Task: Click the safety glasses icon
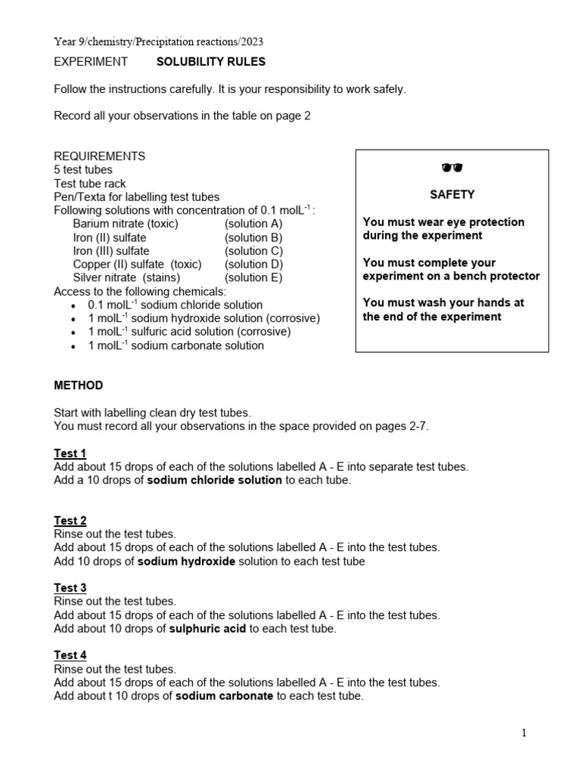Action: [x=452, y=168]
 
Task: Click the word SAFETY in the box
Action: [x=452, y=194]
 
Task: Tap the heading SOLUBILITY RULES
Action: [x=211, y=62]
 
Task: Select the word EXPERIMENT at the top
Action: [x=91, y=62]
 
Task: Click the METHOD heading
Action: [x=78, y=385]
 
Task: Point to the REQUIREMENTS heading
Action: [x=99, y=156]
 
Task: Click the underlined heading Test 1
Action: [x=70, y=454]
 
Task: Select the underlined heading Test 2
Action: [x=70, y=521]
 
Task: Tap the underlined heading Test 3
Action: [x=70, y=588]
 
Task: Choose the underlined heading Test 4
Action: [x=70, y=655]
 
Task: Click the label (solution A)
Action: [x=253, y=224]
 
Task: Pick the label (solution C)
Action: [x=253, y=251]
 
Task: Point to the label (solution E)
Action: [x=253, y=277]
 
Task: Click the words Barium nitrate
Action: [x=108, y=224]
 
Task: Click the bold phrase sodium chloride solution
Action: [x=214, y=481]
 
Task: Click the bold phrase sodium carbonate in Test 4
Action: [x=224, y=696]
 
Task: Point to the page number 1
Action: [x=524, y=732]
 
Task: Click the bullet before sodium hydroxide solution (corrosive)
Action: [x=73, y=320]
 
